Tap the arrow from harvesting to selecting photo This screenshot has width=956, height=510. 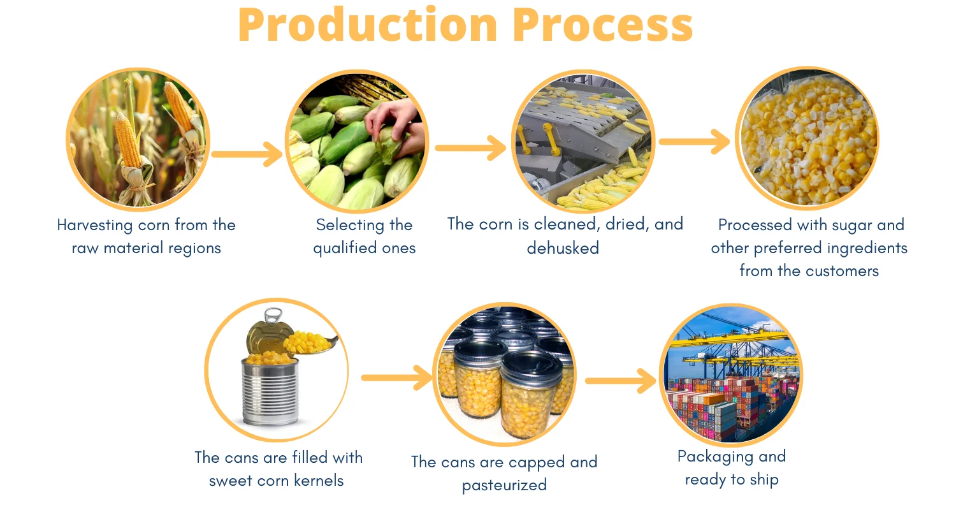(x=247, y=154)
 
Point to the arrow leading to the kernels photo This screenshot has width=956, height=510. (x=695, y=142)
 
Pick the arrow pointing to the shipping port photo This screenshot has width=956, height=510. (x=620, y=381)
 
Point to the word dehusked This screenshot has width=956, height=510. (x=563, y=248)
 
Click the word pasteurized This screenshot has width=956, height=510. (x=504, y=485)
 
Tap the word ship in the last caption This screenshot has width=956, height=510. (x=764, y=480)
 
